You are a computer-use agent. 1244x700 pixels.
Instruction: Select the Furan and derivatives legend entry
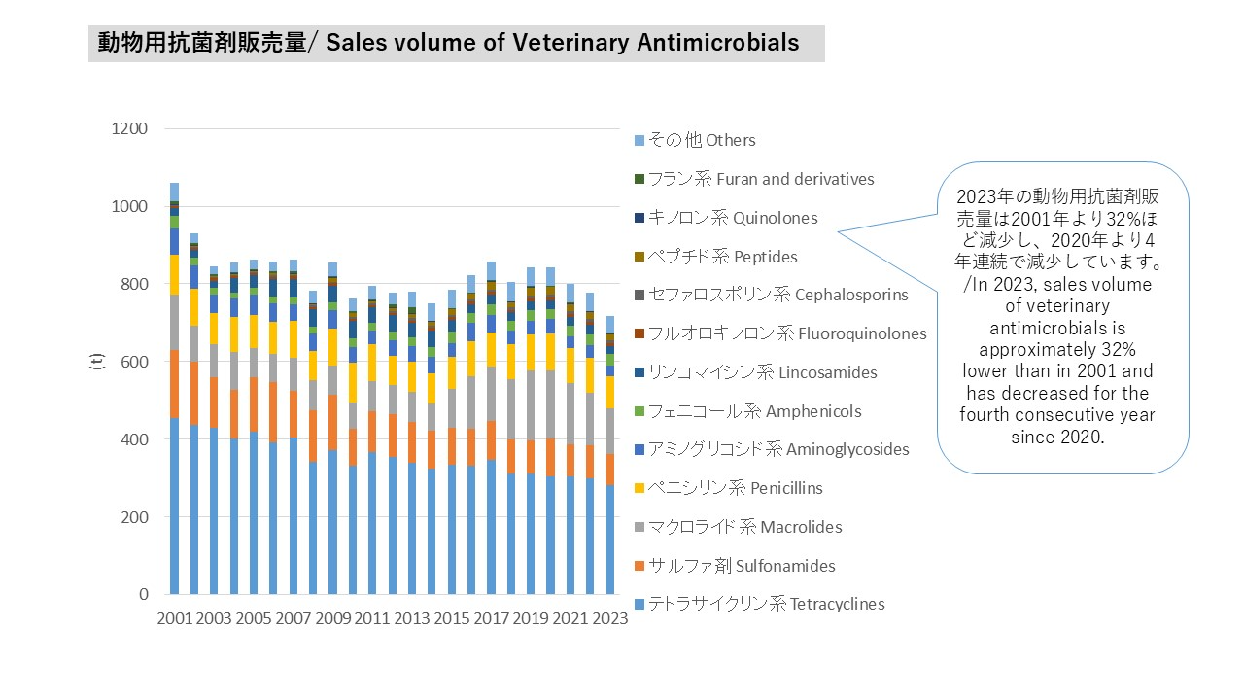point(760,179)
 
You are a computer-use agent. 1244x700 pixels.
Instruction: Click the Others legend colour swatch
point(639,140)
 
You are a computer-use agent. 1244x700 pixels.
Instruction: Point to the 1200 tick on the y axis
point(129,129)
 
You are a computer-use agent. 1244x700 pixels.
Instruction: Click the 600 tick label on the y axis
point(134,362)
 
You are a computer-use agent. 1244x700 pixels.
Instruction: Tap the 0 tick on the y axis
point(143,594)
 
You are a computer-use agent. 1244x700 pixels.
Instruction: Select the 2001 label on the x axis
point(175,620)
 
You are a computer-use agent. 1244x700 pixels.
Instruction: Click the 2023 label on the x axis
point(609,620)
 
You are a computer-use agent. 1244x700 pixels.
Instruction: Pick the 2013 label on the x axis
point(412,620)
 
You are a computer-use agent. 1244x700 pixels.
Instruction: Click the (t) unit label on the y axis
point(97,362)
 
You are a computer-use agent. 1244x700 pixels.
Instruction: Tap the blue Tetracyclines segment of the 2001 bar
point(175,506)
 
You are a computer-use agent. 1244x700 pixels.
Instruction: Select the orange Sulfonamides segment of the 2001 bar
point(175,384)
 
